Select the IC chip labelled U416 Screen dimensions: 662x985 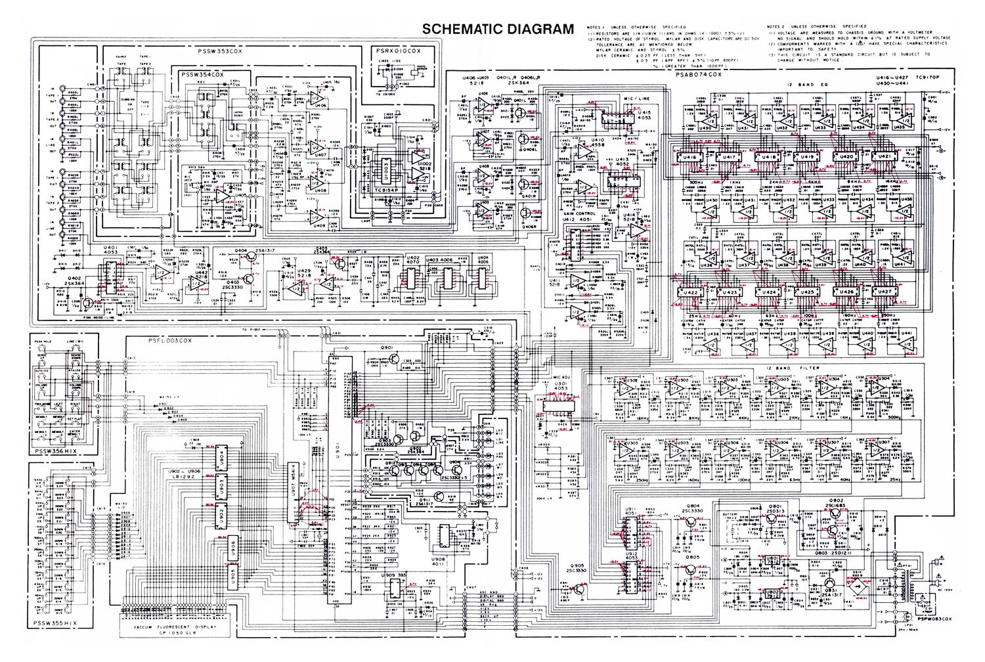[x=691, y=159]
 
